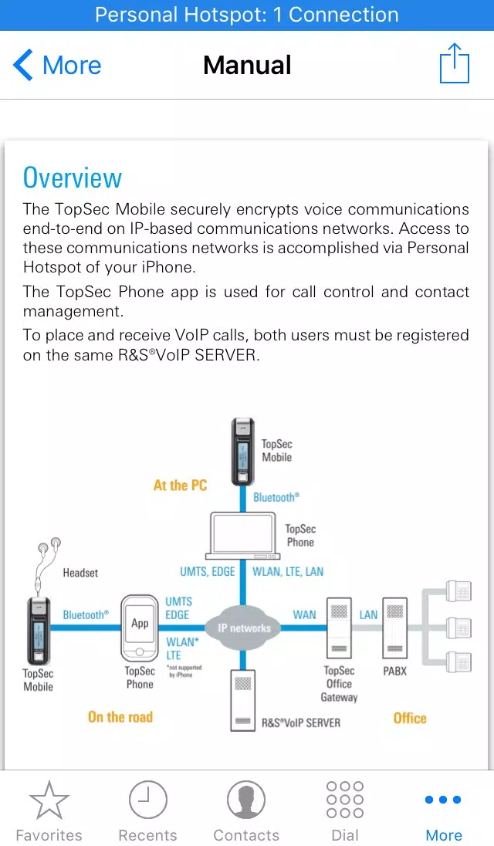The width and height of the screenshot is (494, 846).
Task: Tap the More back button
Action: (x=57, y=66)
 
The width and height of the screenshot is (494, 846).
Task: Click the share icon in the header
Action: (x=455, y=63)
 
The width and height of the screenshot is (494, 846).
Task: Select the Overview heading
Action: (x=73, y=178)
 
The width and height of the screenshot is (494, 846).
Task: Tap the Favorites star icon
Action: (x=49, y=800)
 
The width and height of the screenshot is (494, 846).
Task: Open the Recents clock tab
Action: (x=147, y=800)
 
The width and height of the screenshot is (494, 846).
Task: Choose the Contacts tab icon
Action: (x=246, y=800)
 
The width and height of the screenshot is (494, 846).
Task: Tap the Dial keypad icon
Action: (x=345, y=800)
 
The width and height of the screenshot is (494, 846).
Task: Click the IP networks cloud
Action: (x=244, y=628)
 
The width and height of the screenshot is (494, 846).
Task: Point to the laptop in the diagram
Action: (x=242, y=536)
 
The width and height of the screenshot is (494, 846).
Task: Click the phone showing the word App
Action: (x=140, y=628)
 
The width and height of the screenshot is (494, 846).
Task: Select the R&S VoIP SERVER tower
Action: (x=242, y=700)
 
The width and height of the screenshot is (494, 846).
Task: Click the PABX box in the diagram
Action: (x=394, y=628)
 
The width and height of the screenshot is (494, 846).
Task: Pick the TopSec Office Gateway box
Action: (x=339, y=628)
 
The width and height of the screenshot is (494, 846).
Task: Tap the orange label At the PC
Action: (x=180, y=485)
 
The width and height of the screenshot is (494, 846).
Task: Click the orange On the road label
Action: (x=120, y=716)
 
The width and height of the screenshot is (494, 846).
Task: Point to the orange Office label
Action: (x=410, y=718)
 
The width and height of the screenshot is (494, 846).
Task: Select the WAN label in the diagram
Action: (x=304, y=614)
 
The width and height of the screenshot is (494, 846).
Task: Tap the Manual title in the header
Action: (x=247, y=66)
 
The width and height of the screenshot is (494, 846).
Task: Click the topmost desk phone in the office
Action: (x=459, y=591)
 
